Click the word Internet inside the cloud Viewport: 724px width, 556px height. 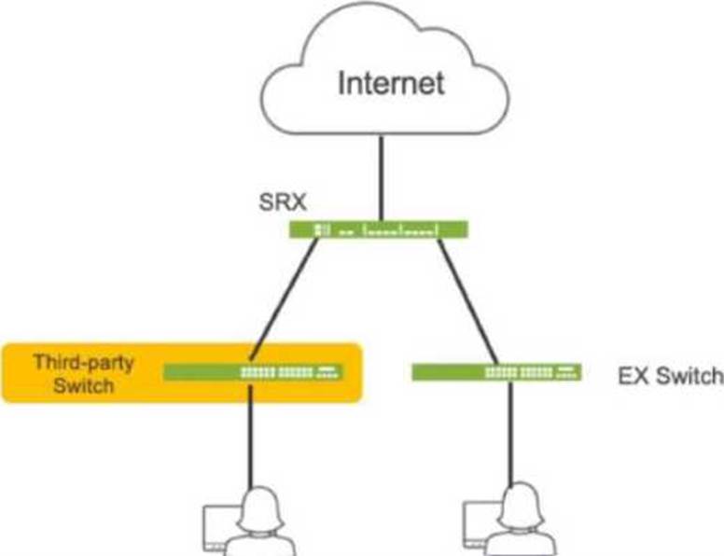click(x=392, y=83)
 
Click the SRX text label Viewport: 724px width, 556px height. click(x=283, y=202)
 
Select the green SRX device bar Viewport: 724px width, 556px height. click(x=379, y=229)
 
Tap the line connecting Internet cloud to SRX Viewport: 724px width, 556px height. click(x=382, y=178)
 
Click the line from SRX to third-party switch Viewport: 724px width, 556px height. click(x=284, y=299)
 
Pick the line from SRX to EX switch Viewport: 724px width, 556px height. click(x=467, y=301)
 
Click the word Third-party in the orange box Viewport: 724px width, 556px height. click(x=84, y=363)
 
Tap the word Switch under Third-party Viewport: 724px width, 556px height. click(x=84, y=385)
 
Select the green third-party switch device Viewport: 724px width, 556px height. click(x=253, y=372)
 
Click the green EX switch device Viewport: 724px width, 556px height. click(x=496, y=372)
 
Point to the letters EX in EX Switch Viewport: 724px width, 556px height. click(x=634, y=376)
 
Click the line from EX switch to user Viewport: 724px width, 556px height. click(x=510, y=433)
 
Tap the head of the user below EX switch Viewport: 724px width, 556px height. click(x=522, y=506)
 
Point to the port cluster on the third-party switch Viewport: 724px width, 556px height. click(x=291, y=372)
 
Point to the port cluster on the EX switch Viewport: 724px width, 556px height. click(x=531, y=372)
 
